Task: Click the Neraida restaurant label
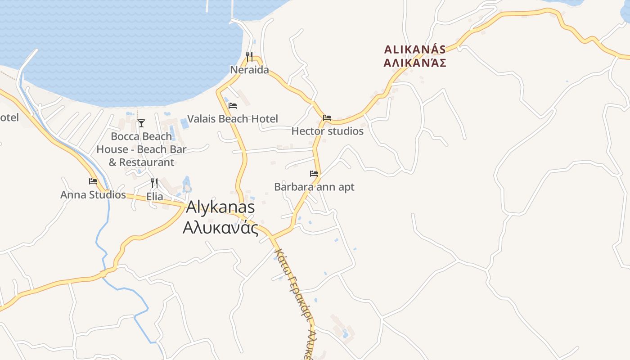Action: pos(249,70)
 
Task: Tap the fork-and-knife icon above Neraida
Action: pos(249,56)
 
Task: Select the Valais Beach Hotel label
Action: pos(232,119)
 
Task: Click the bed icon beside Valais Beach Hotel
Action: pos(233,106)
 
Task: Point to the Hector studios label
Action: pos(327,131)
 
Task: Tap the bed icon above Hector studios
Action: pos(327,118)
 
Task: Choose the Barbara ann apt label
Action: pos(314,187)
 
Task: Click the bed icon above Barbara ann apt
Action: pos(314,173)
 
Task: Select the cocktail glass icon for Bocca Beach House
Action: pos(141,123)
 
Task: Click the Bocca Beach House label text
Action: pos(141,149)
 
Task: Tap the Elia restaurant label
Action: pos(154,197)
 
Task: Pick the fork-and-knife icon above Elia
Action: pos(154,183)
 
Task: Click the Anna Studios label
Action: pos(93,195)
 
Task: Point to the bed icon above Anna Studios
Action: pos(93,181)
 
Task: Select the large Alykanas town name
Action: pos(220,207)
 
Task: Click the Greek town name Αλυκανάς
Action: pos(220,228)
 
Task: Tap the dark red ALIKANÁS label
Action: pos(415,49)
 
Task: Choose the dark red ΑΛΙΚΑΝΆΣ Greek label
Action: pos(415,63)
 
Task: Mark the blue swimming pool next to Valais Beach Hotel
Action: pos(184,123)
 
